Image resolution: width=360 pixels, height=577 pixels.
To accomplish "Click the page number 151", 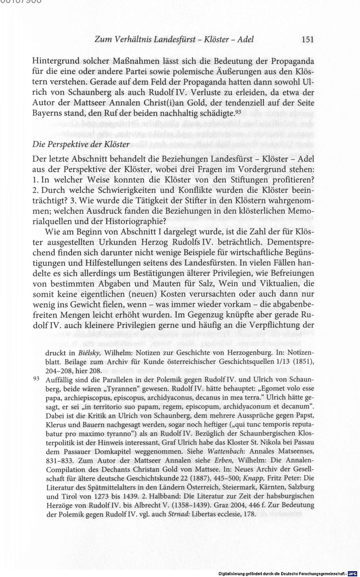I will pyautogui.click(x=307, y=39).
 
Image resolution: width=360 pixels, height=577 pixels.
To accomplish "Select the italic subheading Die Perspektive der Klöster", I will pyautogui.click(x=81, y=144).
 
